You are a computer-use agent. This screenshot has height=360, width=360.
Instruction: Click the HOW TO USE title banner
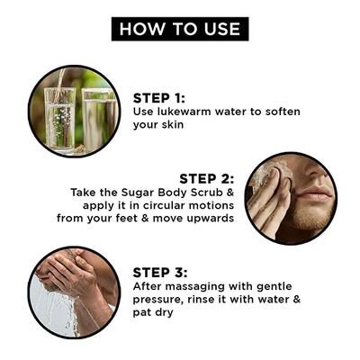pos(180,28)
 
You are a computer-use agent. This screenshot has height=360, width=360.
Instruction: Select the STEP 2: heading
pos(208,178)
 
